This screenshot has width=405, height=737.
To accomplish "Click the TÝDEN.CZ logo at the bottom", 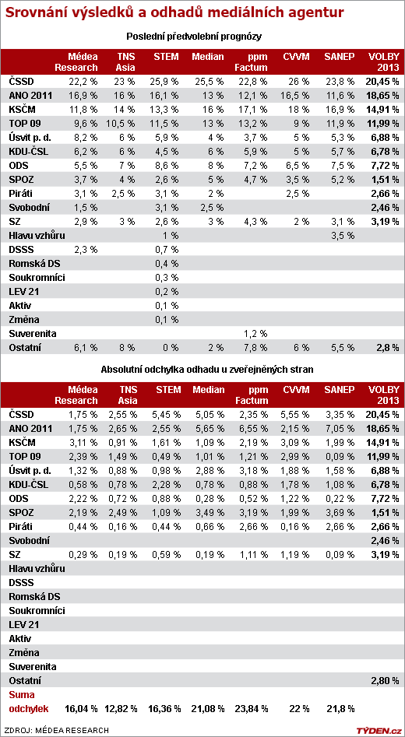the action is click(x=378, y=730).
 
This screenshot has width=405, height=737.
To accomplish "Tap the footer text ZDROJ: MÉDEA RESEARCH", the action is click(x=57, y=730).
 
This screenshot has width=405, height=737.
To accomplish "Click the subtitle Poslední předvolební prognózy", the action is click(x=194, y=37).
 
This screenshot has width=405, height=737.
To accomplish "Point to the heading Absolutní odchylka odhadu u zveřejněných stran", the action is click(x=207, y=369).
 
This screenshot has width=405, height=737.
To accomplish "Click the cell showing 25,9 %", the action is click(x=167, y=81).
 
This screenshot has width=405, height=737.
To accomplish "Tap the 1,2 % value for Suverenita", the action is click(x=255, y=334).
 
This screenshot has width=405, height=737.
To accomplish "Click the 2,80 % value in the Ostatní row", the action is click(x=386, y=680).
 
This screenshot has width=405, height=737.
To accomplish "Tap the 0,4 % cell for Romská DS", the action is click(x=167, y=263).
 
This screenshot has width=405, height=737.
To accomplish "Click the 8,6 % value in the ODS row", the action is click(x=167, y=166).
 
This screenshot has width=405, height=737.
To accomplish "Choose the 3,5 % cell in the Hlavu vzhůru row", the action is click(x=338, y=236).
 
